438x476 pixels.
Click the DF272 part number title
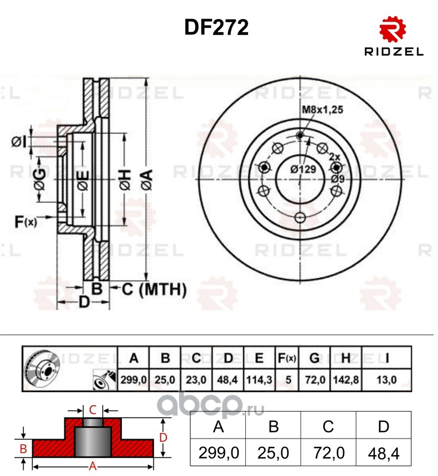coord(217,27)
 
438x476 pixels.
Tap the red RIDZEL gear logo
coord(393,29)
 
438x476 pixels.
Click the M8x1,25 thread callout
coord(323,109)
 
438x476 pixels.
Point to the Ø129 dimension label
coord(303,169)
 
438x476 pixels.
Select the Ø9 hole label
coord(338,178)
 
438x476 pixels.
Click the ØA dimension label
coord(147,180)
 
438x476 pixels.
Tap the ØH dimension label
coord(125,180)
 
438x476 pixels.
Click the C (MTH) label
coord(154,289)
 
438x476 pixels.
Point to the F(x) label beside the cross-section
coord(26,222)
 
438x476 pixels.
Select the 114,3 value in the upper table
coord(259,380)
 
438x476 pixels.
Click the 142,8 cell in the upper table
coord(346,380)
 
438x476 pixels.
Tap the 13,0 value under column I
coord(386,380)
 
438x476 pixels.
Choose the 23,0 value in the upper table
coord(196,380)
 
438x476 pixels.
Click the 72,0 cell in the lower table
coord(328,453)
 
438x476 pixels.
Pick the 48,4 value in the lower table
coord(384,454)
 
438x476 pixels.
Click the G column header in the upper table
coord(314,359)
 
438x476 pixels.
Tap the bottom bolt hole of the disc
coord(300,217)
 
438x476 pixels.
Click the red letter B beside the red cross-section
coord(23,449)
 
